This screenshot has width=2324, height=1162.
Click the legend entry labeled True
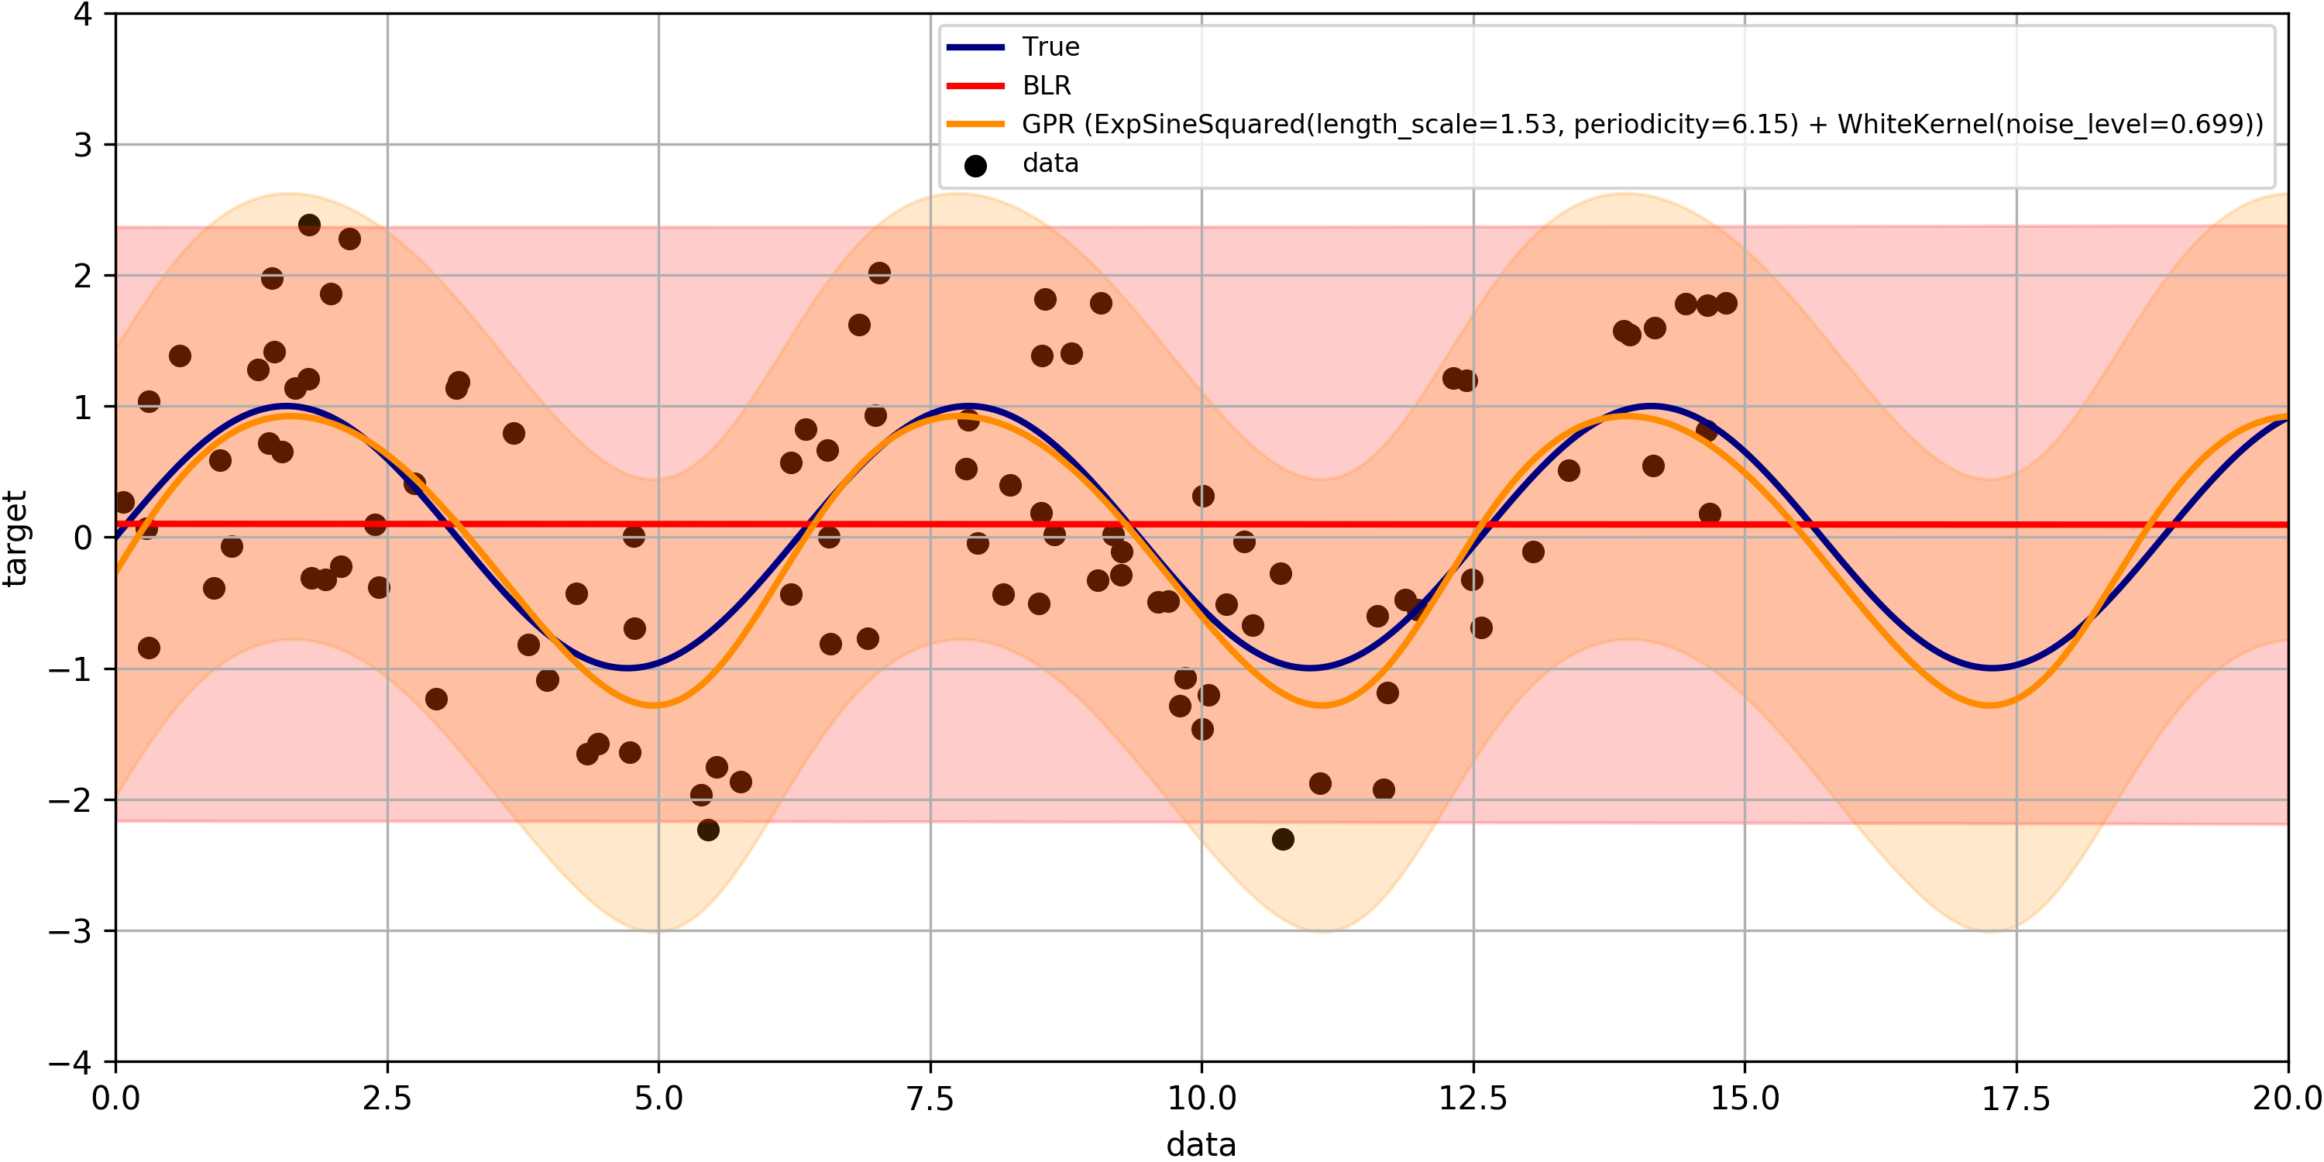pyautogui.click(x=1050, y=47)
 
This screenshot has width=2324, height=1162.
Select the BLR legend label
pyautogui.click(x=1047, y=86)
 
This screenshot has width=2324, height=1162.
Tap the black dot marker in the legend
pyautogui.click(x=975, y=166)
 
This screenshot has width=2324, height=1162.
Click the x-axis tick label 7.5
pyautogui.click(x=930, y=1098)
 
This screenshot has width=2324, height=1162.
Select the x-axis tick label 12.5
pyautogui.click(x=1473, y=1098)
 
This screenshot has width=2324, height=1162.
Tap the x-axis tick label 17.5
pyautogui.click(x=2016, y=1098)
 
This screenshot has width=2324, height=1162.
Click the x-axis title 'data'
pyautogui.click(x=1201, y=1144)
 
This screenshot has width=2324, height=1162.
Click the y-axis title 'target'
pyautogui.click(x=15, y=538)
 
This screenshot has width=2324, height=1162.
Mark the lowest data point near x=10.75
pyautogui.click(x=1283, y=839)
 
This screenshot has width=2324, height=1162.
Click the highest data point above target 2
pyautogui.click(x=309, y=225)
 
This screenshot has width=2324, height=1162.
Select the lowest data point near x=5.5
pyautogui.click(x=708, y=830)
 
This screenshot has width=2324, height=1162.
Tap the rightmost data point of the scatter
pyautogui.click(x=1726, y=303)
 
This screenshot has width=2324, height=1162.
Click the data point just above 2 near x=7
pyautogui.click(x=879, y=273)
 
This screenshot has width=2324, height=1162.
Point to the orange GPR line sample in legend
pyautogui.click(x=975, y=125)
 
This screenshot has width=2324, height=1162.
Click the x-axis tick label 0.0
pyautogui.click(x=115, y=1098)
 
